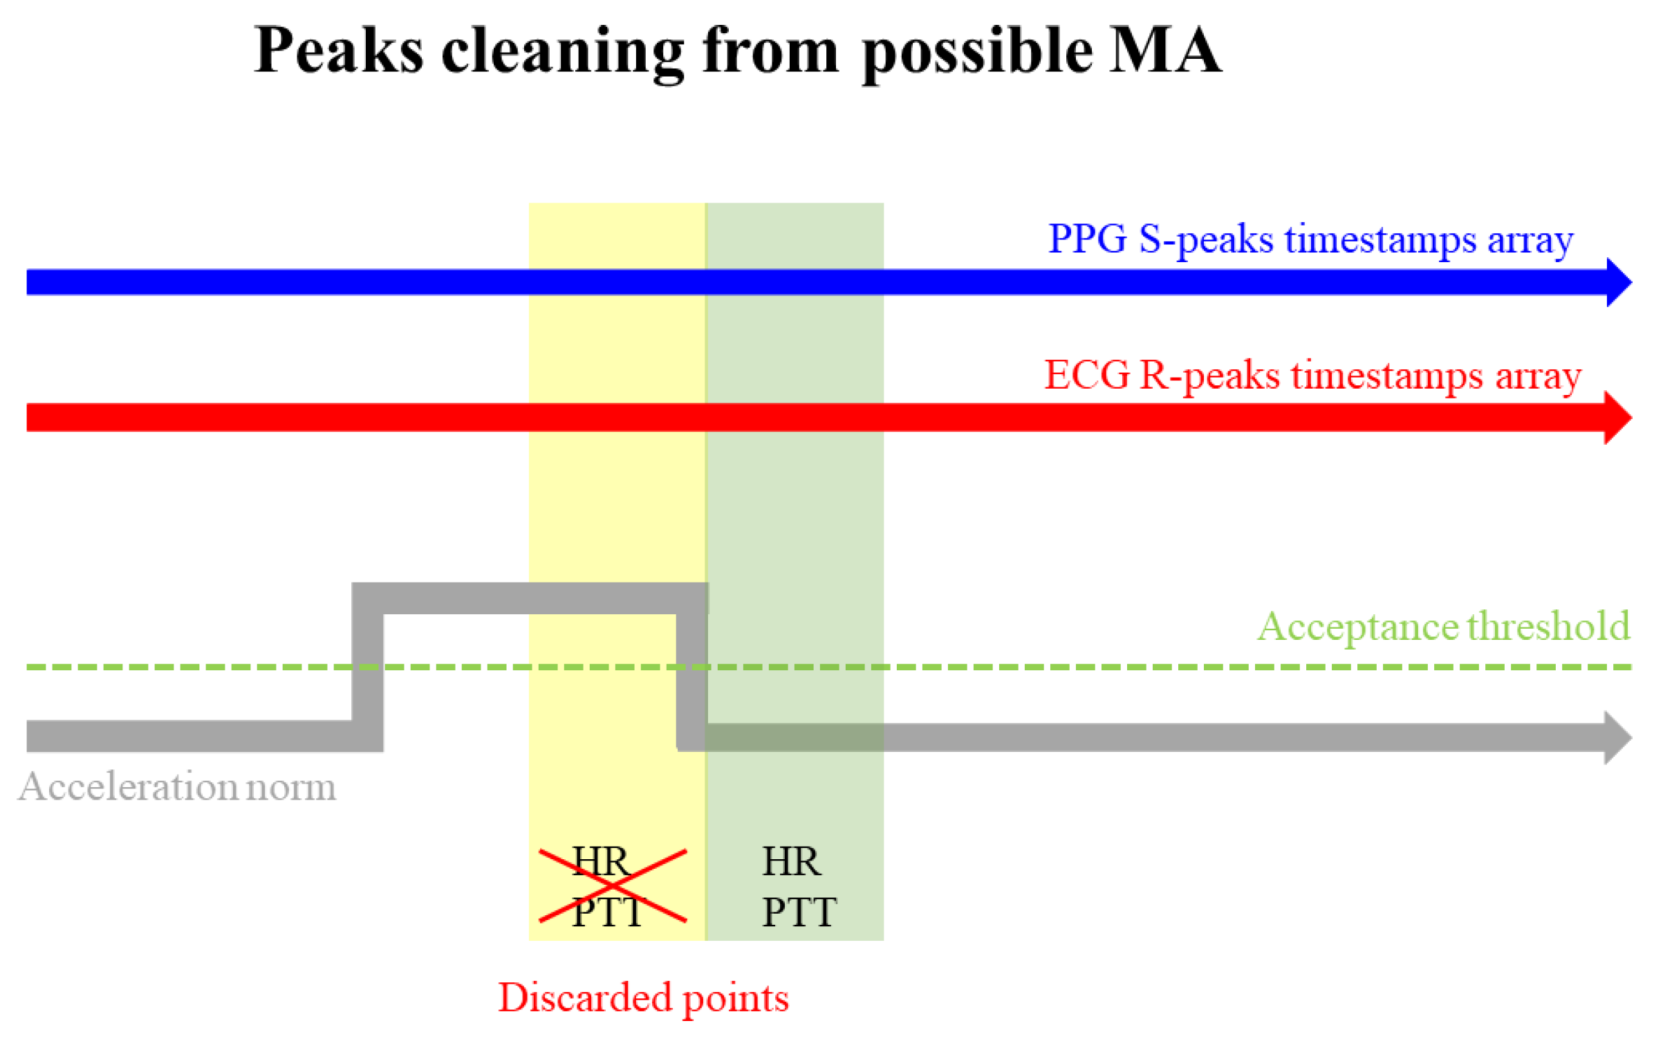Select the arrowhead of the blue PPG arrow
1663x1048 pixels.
(1617, 282)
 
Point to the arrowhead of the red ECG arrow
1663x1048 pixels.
(1616, 418)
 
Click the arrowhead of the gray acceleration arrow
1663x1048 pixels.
(1616, 737)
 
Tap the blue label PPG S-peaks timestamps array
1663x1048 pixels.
(1310, 239)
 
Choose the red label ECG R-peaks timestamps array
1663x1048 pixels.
(1312, 376)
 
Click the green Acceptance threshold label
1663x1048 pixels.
(1443, 627)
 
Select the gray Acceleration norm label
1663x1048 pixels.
(178, 787)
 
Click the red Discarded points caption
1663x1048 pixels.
(643, 998)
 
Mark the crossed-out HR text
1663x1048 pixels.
(600, 862)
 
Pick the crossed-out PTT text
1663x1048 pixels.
(607, 912)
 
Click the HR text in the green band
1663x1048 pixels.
(791, 862)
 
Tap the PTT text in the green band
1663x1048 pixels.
(799, 912)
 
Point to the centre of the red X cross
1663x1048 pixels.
(613, 885)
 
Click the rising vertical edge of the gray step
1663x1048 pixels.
(367, 668)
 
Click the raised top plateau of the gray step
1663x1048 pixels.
(530, 598)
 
